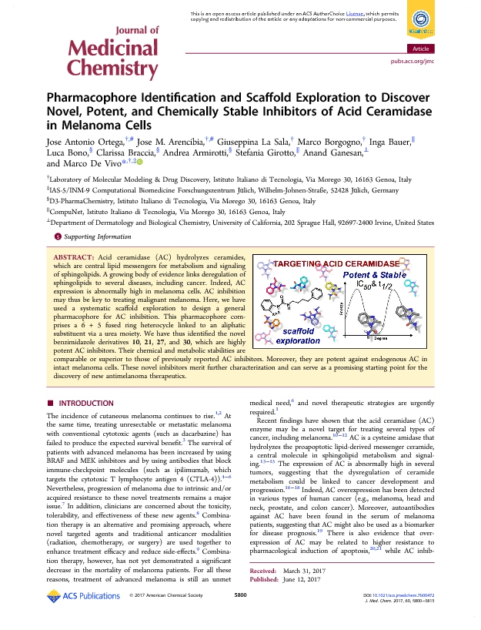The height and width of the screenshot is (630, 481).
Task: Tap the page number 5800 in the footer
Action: tap(240, 617)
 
